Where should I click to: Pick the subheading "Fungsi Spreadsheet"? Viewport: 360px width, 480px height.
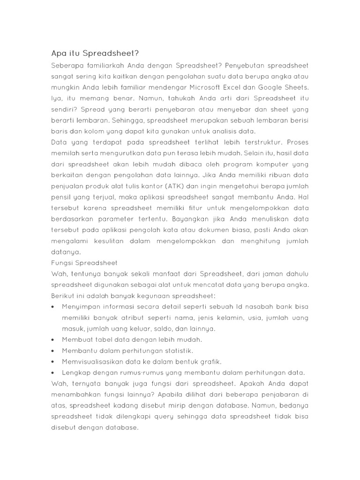84,262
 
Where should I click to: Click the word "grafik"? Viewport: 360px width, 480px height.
210,362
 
